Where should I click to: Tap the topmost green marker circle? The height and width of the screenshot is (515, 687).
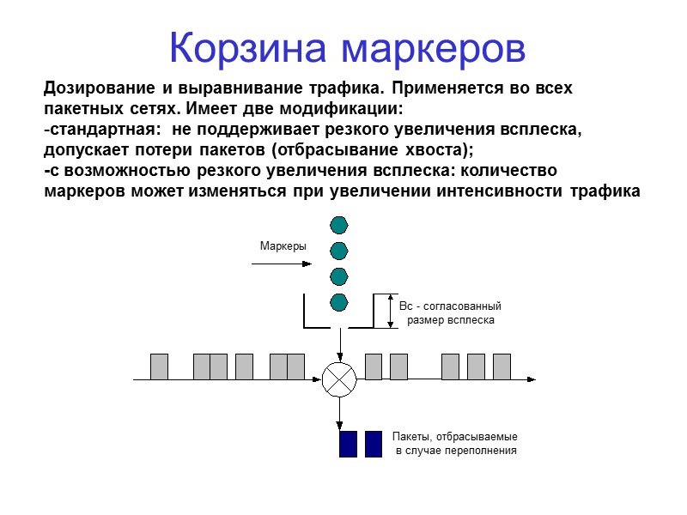click(339, 225)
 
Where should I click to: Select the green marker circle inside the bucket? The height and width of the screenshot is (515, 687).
click(339, 302)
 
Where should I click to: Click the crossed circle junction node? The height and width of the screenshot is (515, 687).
click(339, 379)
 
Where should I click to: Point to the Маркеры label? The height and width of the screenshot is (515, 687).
click(283, 246)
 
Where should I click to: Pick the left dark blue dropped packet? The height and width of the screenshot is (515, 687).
click(348, 444)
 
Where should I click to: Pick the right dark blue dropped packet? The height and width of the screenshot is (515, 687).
click(374, 444)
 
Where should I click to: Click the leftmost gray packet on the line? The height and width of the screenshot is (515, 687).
click(159, 367)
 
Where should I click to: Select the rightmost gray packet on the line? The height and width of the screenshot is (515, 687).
click(502, 367)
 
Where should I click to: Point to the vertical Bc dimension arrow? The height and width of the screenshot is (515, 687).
click(391, 311)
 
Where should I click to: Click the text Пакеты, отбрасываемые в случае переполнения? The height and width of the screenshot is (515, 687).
click(455, 443)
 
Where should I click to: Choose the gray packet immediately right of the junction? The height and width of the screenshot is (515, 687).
click(374, 367)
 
